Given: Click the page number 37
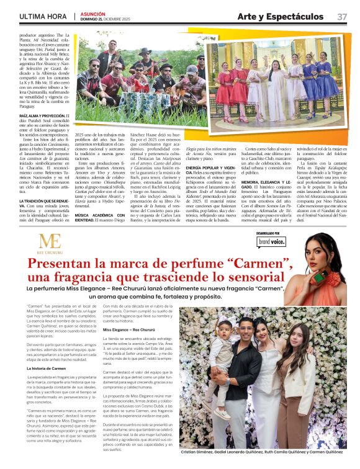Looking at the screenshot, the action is (343, 16).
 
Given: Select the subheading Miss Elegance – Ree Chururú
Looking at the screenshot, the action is (129, 329).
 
